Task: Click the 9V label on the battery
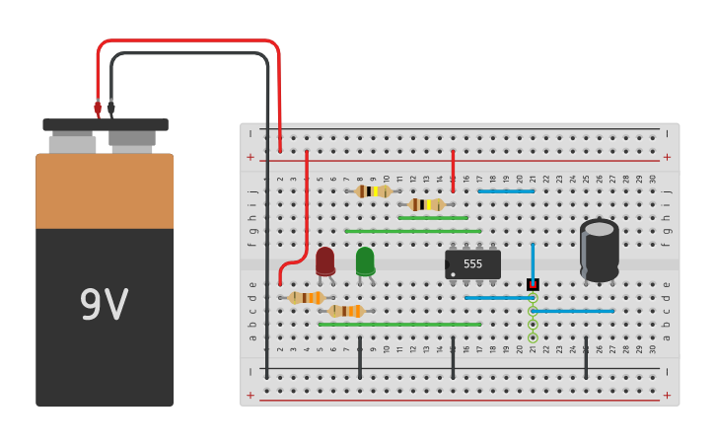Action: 104,306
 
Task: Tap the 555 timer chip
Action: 473,264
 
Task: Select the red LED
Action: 325,261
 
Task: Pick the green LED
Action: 365,261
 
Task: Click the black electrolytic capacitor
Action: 600,250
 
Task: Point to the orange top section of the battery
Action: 105,191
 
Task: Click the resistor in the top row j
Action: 374,191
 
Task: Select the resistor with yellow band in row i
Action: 426,204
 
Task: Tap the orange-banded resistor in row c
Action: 308,297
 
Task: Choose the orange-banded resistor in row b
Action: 346,311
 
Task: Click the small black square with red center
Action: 533,284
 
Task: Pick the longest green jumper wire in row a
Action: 399,324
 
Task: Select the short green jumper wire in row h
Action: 433,217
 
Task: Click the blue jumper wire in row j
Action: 506,190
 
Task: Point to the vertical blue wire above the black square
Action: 533,261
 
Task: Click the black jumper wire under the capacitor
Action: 586,357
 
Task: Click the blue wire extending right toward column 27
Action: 573,311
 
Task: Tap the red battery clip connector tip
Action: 98,107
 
